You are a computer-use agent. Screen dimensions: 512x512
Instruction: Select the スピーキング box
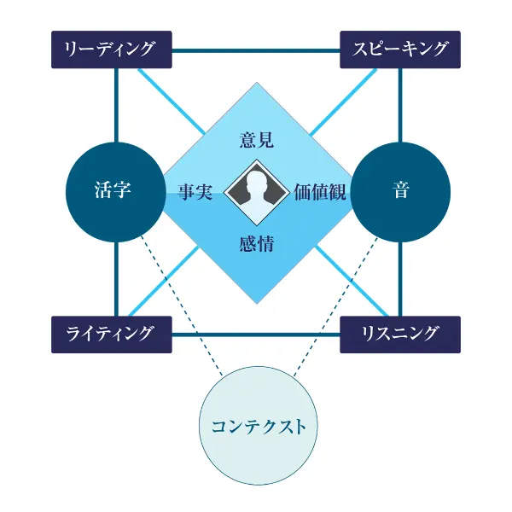(x=400, y=49)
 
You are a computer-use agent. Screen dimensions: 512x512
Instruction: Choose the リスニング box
(x=400, y=334)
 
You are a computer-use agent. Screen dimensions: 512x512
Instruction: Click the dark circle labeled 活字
(x=113, y=191)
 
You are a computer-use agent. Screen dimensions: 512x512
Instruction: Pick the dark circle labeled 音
(x=400, y=191)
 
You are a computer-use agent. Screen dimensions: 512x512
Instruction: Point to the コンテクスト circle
(x=258, y=425)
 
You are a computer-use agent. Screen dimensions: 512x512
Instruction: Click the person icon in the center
(x=257, y=191)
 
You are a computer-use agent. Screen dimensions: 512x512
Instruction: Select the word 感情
(x=257, y=243)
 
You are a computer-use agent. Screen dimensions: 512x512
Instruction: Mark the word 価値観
(x=318, y=191)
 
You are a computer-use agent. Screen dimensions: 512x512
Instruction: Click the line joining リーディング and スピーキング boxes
(x=256, y=49)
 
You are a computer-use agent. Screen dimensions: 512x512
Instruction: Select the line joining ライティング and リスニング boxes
(x=256, y=334)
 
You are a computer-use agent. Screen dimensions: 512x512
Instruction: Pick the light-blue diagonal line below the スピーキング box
(x=346, y=98)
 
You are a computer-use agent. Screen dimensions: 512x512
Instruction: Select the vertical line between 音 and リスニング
(x=400, y=277)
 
